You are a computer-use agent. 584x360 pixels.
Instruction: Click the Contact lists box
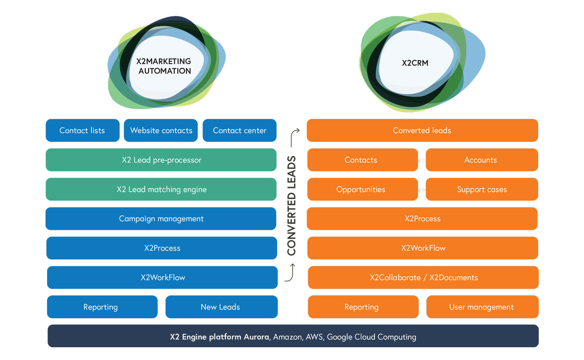82,131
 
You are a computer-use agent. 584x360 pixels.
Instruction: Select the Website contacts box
161,131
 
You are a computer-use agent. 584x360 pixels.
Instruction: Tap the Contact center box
239,131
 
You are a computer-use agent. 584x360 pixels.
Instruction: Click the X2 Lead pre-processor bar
161,160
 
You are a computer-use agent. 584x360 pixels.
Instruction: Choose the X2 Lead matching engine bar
161,189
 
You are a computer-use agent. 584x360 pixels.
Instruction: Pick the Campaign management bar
161,219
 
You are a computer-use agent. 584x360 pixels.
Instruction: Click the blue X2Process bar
162,248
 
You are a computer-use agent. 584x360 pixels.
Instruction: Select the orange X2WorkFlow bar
423,248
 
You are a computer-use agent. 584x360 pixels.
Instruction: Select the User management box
482,307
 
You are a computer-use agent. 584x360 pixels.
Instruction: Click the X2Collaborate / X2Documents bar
424,277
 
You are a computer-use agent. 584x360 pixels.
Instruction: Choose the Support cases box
482,189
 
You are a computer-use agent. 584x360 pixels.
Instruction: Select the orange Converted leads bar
422,131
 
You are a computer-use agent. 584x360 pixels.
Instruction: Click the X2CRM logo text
415,63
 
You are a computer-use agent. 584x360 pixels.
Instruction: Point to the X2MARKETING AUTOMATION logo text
164,66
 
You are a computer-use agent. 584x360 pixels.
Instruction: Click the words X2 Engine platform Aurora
219,337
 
